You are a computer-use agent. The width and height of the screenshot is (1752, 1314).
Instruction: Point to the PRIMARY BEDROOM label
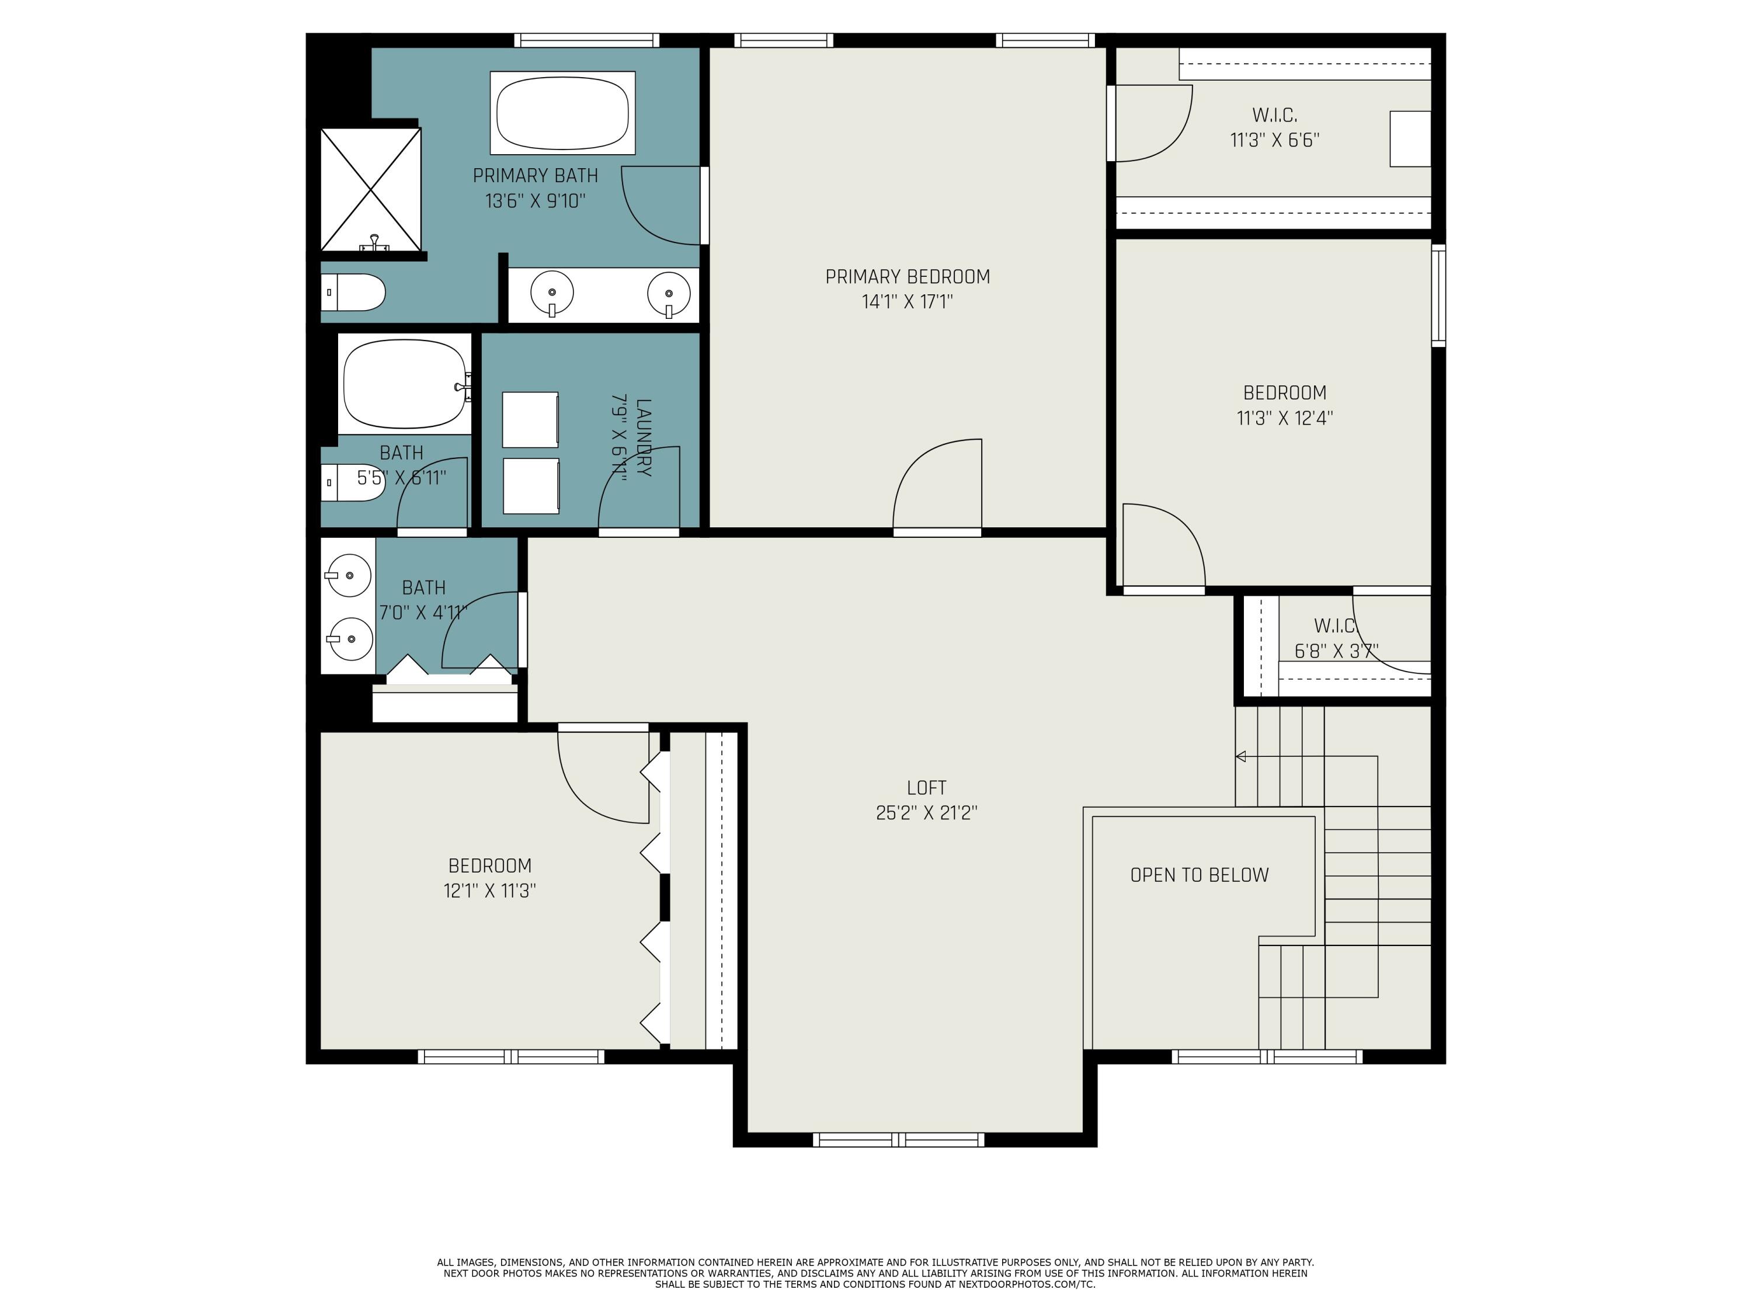point(908,276)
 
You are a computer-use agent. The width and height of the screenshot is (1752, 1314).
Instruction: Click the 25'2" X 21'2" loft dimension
point(927,813)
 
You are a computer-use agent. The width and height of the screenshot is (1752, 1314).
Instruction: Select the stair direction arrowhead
point(1241,756)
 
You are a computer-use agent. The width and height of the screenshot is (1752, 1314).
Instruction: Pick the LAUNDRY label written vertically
point(643,437)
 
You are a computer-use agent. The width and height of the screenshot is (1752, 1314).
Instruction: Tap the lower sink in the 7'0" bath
point(350,638)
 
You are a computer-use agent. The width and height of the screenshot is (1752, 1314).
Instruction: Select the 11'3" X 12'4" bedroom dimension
point(1285,418)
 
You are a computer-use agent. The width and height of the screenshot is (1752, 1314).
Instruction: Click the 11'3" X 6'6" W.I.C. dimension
point(1274,140)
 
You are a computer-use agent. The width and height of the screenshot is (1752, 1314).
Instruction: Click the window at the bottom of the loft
point(898,1140)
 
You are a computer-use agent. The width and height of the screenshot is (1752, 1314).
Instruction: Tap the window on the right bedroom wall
point(1438,296)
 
